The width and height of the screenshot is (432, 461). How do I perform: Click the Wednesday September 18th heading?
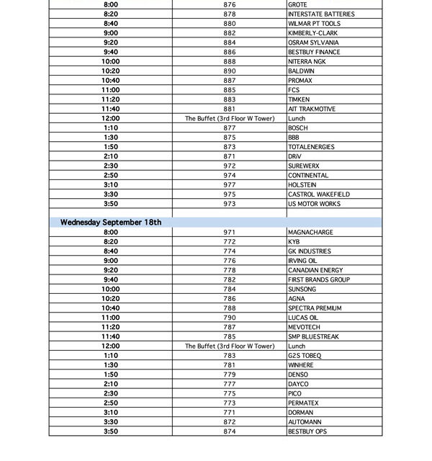coord(111,223)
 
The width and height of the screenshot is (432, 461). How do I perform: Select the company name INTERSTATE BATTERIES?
coord(320,14)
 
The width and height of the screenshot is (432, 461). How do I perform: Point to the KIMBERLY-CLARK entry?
coord(312,33)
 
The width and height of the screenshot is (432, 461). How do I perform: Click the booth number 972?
coord(230,166)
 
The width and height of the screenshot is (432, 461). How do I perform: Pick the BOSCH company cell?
coord(298,128)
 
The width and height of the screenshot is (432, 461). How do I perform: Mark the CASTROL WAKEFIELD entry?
coord(319,194)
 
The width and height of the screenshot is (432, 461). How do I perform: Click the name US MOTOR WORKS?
coord(314,204)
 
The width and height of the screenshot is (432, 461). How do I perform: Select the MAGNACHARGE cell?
coord(311,233)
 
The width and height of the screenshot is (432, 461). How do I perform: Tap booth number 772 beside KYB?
coord(230,242)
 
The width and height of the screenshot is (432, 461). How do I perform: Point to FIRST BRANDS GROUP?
coord(319,279)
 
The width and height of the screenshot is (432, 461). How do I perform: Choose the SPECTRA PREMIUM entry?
coord(315,308)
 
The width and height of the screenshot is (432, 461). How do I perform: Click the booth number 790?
coord(230,318)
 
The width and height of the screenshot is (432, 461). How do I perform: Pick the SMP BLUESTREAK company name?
coord(313,336)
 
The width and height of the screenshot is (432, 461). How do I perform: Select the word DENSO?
coord(298,375)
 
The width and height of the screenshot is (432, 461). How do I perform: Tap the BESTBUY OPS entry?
coord(307,431)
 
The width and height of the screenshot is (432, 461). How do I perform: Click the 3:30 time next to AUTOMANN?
coord(111,422)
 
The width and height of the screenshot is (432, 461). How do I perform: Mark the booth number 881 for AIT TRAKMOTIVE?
coord(230,109)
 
